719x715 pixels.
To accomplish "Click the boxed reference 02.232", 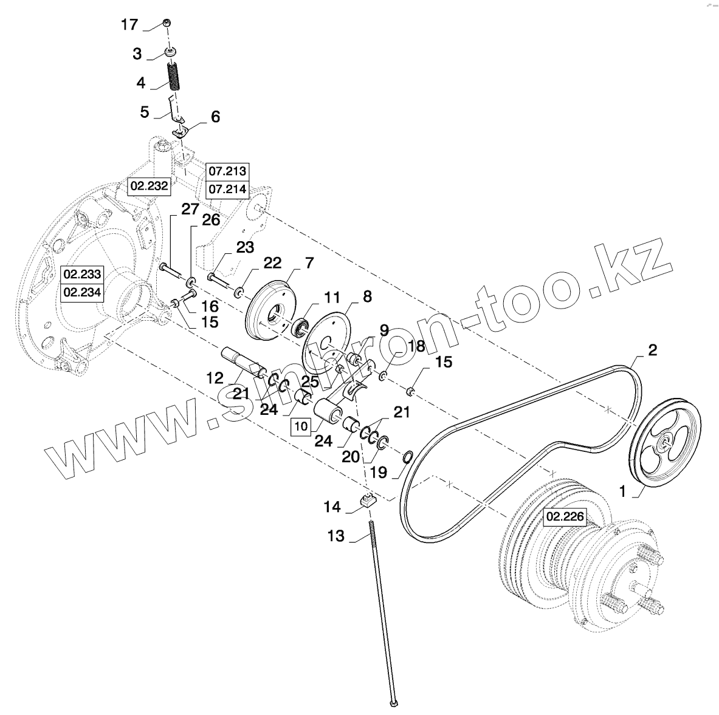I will coord(149,186).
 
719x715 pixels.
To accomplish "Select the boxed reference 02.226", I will coord(565,517).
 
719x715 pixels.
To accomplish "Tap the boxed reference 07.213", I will coord(227,171).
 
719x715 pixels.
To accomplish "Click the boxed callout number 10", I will coord(301,426).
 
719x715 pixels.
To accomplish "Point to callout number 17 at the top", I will coord(129,25).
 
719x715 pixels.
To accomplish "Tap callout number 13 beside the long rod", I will coord(335,536).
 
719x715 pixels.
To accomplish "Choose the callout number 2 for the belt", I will coord(651,351).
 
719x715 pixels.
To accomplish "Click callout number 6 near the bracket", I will coord(215,117).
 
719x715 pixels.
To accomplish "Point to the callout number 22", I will coord(272,263).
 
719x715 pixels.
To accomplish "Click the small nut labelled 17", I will coord(167,22).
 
